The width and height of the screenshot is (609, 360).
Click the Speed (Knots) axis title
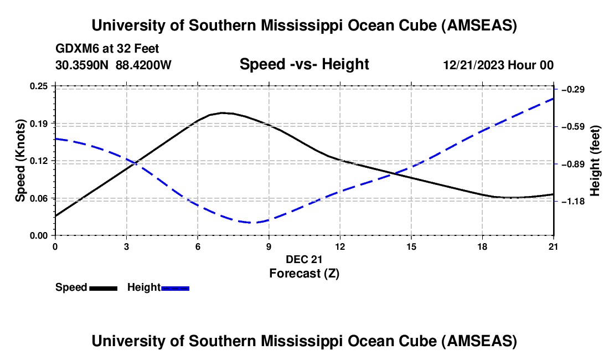coord(20,161)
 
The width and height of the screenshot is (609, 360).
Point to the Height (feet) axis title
coord(595,161)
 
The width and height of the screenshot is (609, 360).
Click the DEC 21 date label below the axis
coord(304,259)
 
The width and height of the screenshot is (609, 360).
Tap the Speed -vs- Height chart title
coord(304,65)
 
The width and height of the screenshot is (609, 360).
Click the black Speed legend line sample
coord(103,288)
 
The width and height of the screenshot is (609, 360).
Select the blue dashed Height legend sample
coord(176,288)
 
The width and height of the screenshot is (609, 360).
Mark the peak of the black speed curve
coord(223,112)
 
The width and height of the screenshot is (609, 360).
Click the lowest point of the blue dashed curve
coord(251,223)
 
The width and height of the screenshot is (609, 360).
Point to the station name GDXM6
coord(77,49)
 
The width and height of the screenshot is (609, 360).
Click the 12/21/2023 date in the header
coord(472,65)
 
